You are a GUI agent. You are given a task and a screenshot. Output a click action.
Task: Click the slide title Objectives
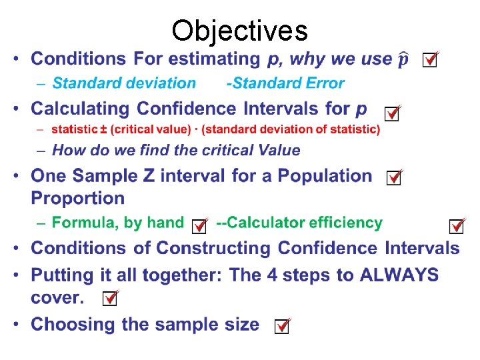coord(239,30)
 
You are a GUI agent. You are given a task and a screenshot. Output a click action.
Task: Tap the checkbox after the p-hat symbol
coord(431,61)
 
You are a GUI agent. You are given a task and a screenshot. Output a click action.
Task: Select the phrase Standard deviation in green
coord(124,83)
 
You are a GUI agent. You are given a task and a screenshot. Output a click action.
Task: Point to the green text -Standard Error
coord(285,83)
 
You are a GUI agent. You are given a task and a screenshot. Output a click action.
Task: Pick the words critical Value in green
coord(257,150)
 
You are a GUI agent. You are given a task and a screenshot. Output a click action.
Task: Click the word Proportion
coord(78,198)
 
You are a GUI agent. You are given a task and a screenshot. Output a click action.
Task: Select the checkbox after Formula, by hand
coord(199,227)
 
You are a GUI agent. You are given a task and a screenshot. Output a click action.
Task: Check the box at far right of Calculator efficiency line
coord(457,227)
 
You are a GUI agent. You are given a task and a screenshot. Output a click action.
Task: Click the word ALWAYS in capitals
coord(399,275)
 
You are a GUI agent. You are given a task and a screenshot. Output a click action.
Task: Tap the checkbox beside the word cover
coord(111,299)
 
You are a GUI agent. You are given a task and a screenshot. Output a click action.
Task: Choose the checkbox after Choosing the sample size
coord(282,327)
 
